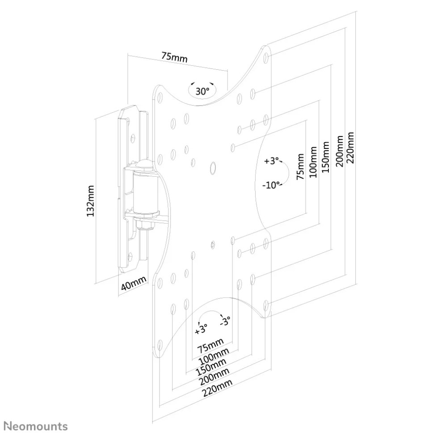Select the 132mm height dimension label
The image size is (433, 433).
click(91, 201)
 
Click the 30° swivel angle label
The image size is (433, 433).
click(202, 91)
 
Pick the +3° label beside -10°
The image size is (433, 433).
click(272, 161)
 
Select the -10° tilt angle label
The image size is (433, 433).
click(271, 185)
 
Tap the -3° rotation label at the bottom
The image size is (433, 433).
click(225, 321)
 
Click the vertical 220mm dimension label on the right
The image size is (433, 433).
click(350, 147)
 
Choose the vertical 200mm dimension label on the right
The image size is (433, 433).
click(340, 151)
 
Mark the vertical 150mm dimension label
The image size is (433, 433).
click(326, 157)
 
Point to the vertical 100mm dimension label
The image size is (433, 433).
click(313, 162)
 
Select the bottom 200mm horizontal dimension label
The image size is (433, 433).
click(214, 376)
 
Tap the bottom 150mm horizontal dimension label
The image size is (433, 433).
click(211, 367)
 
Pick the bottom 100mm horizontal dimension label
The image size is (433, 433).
click(214, 356)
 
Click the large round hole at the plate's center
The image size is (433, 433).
click(213, 168)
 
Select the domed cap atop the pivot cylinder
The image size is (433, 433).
click(143, 164)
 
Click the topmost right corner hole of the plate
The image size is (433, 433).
click(266, 58)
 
